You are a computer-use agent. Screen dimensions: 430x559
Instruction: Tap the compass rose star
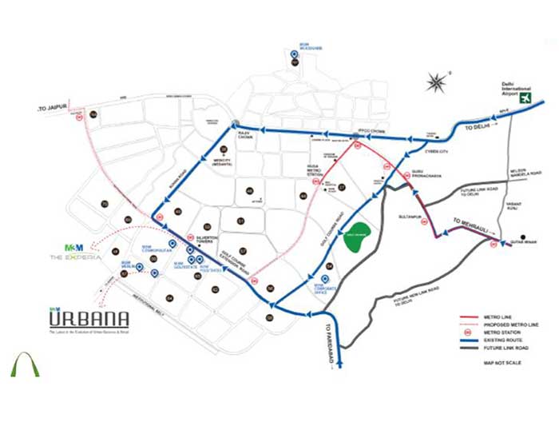click(x=437, y=82)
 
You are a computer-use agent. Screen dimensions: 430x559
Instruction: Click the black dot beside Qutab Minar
click(x=522, y=237)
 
